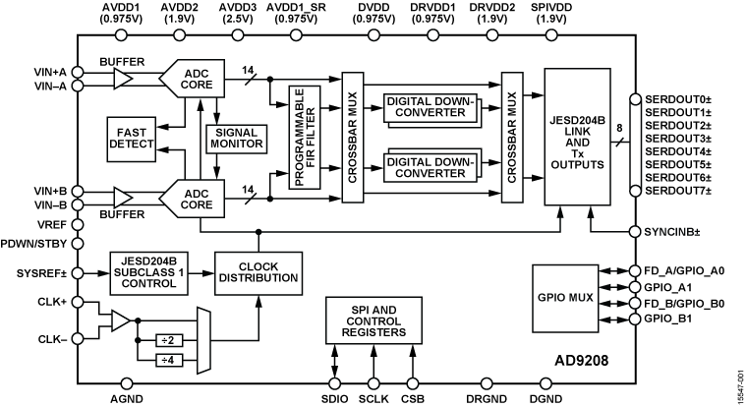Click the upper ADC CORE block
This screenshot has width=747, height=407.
pyautogui.click(x=197, y=79)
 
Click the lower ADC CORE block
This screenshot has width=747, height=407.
pyautogui.click(x=197, y=198)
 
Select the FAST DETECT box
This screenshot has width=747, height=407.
pyautogui.click(x=133, y=138)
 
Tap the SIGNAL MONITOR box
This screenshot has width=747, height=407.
pyautogui.click(x=236, y=138)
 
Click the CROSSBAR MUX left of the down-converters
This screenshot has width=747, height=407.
pyautogui.click(x=353, y=137)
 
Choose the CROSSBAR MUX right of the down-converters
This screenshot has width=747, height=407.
pyautogui.click(x=512, y=137)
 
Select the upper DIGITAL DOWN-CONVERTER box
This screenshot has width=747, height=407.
pyautogui.click(x=430, y=107)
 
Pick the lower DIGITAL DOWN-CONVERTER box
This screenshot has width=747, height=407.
pyautogui.click(x=430, y=166)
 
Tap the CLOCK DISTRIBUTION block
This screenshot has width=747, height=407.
pyautogui.click(x=258, y=271)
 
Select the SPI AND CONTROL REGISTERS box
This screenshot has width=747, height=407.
pyautogui.click(x=373, y=320)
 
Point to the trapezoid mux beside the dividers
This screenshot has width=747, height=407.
pyautogui.click(x=203, y=340)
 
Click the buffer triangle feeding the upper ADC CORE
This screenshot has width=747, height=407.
pyautogui.click(x=122, y=79)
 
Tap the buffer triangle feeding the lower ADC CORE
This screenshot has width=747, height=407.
pyautogui.click(x=122, y=198)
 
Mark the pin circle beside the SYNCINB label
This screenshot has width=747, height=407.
pyautogui.click(x=634, y=233)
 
